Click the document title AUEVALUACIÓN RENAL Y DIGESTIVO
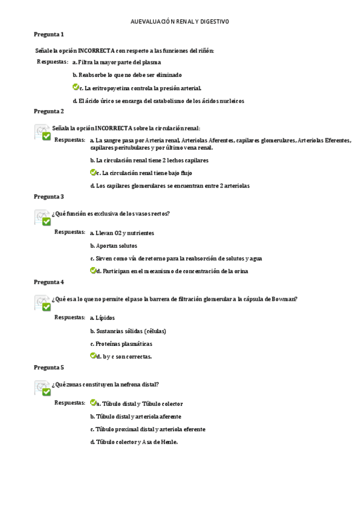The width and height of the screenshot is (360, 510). coord(180,22)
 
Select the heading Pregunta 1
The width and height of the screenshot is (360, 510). coord(49,34)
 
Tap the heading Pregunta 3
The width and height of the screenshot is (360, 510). coord(49,197)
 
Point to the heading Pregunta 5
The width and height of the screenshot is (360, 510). coord(49,367)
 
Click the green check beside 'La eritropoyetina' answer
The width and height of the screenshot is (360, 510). coord(76,88)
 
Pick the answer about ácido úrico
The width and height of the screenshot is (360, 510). coord(158,101)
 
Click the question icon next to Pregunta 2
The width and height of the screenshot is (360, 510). coord(42,132)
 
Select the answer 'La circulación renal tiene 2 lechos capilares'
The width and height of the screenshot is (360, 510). coord(149,161)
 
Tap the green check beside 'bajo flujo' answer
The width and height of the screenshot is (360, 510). coord(93,173)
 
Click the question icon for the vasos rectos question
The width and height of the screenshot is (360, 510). coord(42,218)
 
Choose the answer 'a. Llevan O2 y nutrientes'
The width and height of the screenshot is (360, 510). coord(121,233)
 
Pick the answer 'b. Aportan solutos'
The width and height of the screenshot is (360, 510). coord(113,245)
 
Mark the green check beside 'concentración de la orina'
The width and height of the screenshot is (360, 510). coord(93,271)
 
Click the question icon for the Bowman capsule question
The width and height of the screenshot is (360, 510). coord(42,303)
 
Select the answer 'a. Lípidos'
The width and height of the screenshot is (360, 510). coord(102,318)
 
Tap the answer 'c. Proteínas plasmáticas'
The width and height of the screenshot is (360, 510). coord(121,344)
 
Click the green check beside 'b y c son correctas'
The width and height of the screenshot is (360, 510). coord(93,356)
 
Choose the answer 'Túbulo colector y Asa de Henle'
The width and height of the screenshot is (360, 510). coord(133,442)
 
